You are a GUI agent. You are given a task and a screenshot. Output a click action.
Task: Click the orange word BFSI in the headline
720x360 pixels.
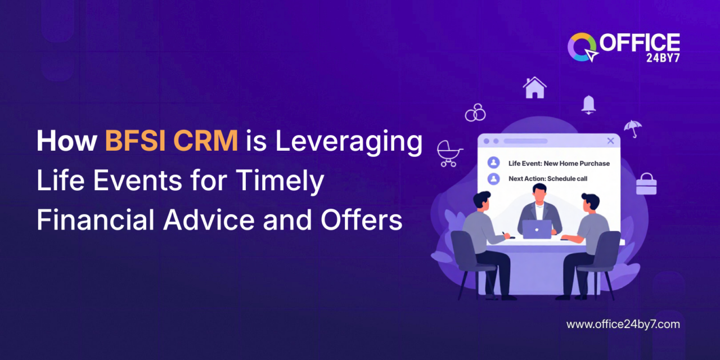pyautogui.click(x=132, y=142)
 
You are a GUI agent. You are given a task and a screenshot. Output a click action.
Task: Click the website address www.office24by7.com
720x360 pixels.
pyautogui.click(x=623, y=324)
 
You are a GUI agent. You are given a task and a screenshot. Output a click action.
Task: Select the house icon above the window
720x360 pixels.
pyautogui.click(x=534, y=88)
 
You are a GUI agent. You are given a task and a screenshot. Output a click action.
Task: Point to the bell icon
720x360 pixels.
pyautogui.click(x=588, y=105)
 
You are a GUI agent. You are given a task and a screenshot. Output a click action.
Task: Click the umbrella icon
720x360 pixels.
pyautogui.click(x=633, y=128)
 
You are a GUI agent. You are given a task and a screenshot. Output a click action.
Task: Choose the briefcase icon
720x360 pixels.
pyautogui.click(x=646, y=184)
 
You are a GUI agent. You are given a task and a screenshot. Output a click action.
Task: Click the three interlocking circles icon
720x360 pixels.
pyautogui.click(x=475, y=112)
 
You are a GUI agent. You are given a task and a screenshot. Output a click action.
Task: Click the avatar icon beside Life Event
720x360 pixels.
pyautogui.click(x=494, y=163)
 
